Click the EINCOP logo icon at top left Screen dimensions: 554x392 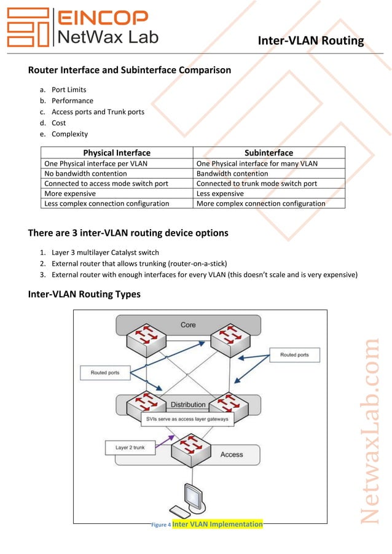[x=27, y=27]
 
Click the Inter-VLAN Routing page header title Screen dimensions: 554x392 [x=311, y=41]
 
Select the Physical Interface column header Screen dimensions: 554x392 [x=117, y=152]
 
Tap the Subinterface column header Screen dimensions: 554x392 [x=269, y=152]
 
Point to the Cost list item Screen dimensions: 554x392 [x=58, y=123]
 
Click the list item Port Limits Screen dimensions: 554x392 [x=69, y=90]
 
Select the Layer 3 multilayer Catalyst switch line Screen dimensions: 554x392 [x=105, y=252]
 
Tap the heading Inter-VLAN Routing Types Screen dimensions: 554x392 [x=84, y=294]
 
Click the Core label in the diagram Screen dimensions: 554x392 [x=188, y=324]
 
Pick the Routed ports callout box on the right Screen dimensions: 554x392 [x=294, y=355]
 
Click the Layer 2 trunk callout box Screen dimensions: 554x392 [x=130, y=448]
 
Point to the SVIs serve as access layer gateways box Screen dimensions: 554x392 [x=187, y=419]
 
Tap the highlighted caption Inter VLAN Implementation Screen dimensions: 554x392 [x=218, y=524]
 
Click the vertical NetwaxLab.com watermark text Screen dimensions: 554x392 [x=370, y=430]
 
